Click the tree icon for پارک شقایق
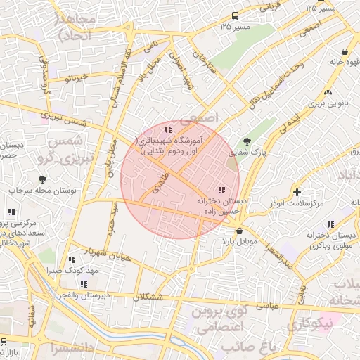point(245,141)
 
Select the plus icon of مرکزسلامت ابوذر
point(297,192)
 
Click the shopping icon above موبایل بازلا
point(239,231)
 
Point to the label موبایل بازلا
point(240,241)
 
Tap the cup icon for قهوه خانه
point(345,51)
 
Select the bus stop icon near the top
point(234,15)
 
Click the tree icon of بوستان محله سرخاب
point(42,180)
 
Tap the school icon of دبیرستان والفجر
point(84,285)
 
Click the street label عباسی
point(269,306)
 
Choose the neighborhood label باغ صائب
point(264,347)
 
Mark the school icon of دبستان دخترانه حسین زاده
point(221,190)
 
